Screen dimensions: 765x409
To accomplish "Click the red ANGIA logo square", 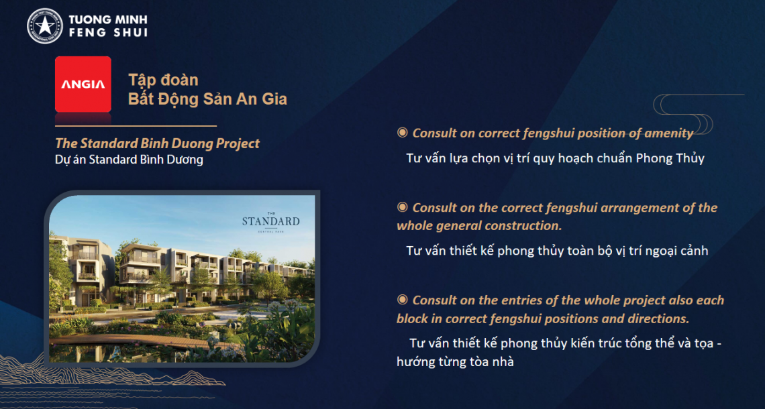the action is [83, 84].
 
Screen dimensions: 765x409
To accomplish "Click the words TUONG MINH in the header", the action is [108, 20].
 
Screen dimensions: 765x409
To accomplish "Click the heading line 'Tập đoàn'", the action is [163, 80].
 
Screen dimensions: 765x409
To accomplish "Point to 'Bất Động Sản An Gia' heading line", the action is [207, 99].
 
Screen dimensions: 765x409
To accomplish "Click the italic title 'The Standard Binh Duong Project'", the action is [158, 143].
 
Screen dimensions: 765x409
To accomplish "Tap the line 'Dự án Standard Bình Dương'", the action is [129, 160].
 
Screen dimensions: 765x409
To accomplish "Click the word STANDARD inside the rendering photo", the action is [271, 222].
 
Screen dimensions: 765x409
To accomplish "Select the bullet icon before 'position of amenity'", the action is [402, 133].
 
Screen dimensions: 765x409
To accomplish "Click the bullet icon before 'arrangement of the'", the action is [402, 207].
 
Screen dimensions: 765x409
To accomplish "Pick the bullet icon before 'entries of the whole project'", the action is [402, 300].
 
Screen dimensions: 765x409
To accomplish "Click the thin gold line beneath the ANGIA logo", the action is [136, 126].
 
